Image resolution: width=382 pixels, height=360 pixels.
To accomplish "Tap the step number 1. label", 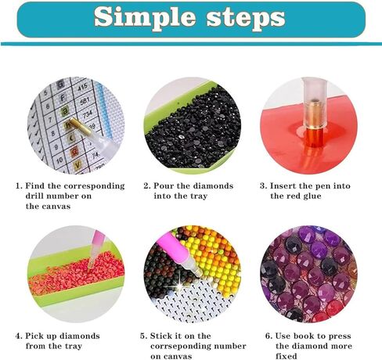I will (x=19, y=186).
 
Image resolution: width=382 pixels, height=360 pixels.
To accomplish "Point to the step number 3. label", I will (x=263, y=186).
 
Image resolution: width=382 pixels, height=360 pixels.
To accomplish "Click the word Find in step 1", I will (x=34, y=186).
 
